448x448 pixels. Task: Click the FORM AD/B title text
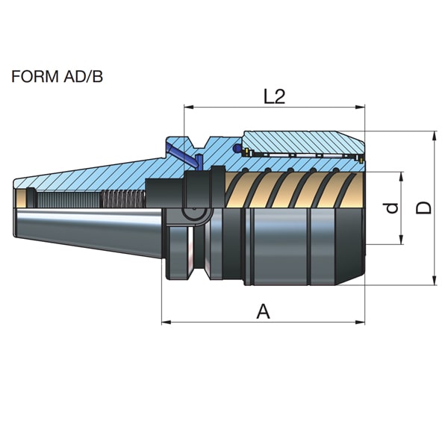click(x=57, y=77)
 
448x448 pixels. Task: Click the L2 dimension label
click(x=274, y=96)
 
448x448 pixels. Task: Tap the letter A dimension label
click(x=263, y=311)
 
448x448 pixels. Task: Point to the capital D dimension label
click(x=423, y=208)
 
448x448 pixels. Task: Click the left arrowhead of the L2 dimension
click(x=189, y=107)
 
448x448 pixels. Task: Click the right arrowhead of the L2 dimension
click(x=360, y=107)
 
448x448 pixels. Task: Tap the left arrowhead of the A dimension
click(x=167, y=323)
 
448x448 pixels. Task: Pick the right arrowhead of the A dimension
click(x=360, y=323)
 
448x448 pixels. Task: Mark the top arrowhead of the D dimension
click(x=435, y=137)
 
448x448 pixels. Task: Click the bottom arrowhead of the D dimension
click(x=435, y=280)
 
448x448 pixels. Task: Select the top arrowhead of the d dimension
click(x=401, y=177)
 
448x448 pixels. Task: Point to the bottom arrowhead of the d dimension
click(x=401, y=240)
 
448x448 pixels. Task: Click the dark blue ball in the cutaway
click(x=237, y=148)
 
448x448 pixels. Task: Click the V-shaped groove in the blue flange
click(x=199, y=143)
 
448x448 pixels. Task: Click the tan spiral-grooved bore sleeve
click(x=294, y=190)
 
